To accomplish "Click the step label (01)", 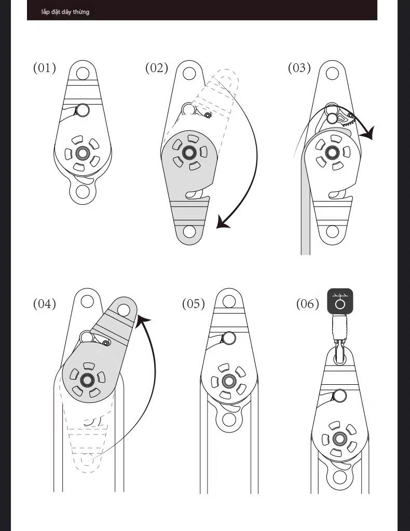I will click(45, 68).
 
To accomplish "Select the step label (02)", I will click(157, 68).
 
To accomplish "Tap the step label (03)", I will click(299, 68).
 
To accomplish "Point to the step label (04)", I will click(45, 303).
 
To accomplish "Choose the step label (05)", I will click(194, 303).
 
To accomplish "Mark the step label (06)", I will click(308, 303).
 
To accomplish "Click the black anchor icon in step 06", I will click(340, 301).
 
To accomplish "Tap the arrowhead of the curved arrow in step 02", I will click(223, 223).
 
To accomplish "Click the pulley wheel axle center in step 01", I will click(82, 153).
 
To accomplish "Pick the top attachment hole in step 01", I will click(82, 72).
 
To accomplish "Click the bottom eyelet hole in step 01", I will click(83, 192).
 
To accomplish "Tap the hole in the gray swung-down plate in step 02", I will click(189, 231).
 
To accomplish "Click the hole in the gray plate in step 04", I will click(123, 310).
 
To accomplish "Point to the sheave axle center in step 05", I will click(228, 382).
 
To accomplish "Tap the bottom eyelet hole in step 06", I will click(340, 477).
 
